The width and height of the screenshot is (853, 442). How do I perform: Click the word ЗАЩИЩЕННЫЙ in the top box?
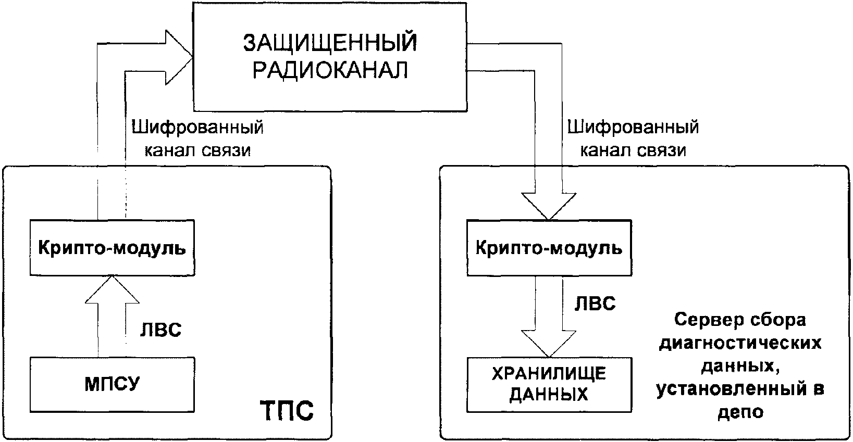pyautogui.click(x=330, y=44)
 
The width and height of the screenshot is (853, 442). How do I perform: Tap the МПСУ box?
pyautogui.click(x=112, y=384)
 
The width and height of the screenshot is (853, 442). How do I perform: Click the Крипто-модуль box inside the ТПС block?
pyautogui.click(x=112, y=248)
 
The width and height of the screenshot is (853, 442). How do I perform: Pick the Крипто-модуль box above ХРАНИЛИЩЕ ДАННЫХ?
pyautogui.click(x=549, y=248)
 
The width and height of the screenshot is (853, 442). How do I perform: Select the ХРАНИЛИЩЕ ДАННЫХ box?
pyautogui.click(x=549, y=384)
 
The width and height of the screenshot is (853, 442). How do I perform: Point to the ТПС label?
pyautogui.click(x=286, y=411)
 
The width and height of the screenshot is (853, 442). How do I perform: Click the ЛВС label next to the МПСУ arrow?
pyautogui.click(x=160, y=330)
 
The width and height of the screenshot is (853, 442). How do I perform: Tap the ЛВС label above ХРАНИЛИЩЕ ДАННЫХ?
pyautogui.click(x=595, y=304)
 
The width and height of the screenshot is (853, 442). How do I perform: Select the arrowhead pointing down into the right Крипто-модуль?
pyautogui.click(x=549, y=206)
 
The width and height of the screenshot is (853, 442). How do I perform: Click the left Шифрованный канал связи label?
pyautogui.click(x=197, y=138)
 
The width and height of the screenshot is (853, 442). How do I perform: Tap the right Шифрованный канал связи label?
pyautogui.click(x=633, y=138)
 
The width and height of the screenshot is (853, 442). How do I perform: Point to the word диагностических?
pyautogui.click(x=740, y=344)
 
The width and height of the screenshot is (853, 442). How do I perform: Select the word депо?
pyautogui.click(x=740, y=412)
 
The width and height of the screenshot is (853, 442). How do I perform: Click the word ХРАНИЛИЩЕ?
pyautogui.click(x=549, y=373)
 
